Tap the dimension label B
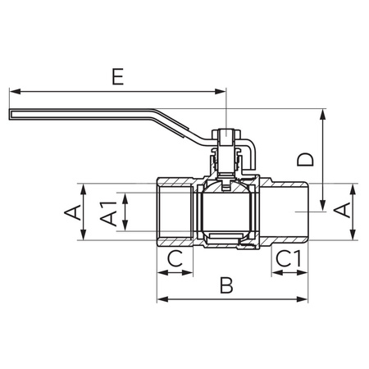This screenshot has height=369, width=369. tap(227, 285)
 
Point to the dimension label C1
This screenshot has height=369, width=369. tap(289, 259)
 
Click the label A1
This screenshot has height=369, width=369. tap(107, 212)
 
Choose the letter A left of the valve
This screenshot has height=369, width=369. tap(73, 212)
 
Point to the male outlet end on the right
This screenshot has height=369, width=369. tap(287, 212)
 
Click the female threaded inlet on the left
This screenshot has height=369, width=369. tap(173, 212)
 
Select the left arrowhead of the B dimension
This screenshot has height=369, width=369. tap(161, 298)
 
